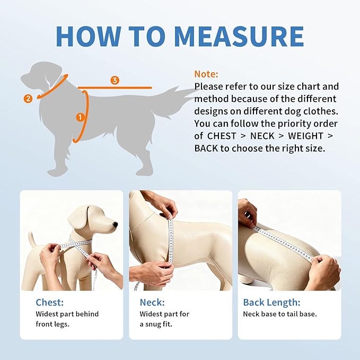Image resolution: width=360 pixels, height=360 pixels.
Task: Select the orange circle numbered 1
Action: point(81,117)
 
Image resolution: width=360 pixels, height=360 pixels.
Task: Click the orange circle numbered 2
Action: point(28,98)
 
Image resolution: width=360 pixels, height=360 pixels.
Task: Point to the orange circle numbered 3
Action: point(115,81)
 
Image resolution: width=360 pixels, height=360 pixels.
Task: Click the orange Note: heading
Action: point(206,74)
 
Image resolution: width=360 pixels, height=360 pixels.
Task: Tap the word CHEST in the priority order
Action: point(222,136)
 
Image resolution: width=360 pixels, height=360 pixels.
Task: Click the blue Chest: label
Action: point(50,302)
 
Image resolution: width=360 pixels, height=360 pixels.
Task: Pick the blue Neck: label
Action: point(152,302)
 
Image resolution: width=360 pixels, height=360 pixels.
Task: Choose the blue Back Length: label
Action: point(271,302)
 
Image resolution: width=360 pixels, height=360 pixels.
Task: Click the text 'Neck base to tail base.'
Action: point(279,314)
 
